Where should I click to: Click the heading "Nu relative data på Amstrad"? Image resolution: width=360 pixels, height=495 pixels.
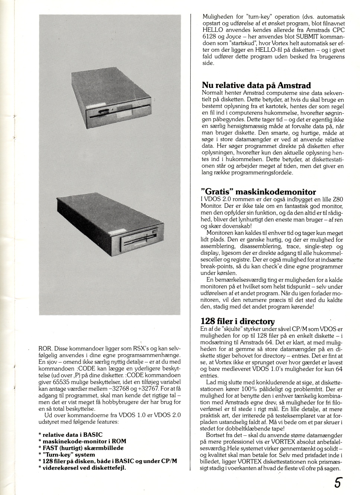tap(256, 85)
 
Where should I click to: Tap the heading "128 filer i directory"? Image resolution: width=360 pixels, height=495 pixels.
tap(238, 321)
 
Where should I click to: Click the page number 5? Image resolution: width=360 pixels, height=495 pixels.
tap(337, 483)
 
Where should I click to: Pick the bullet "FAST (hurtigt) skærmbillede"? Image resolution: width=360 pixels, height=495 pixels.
tap(83, 448)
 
